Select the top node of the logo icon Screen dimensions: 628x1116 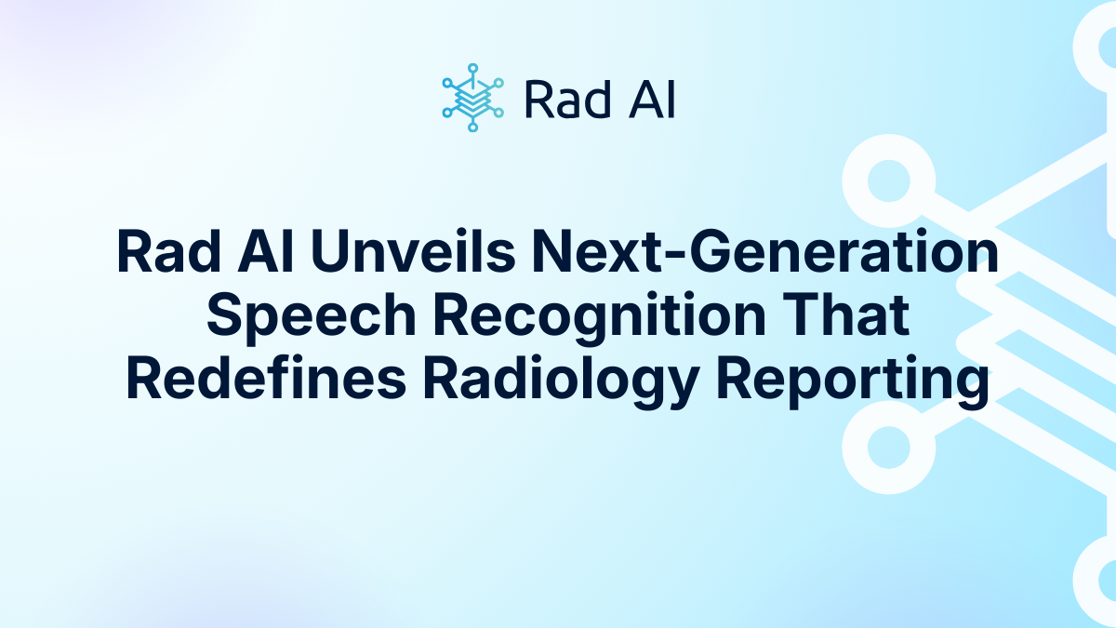472,68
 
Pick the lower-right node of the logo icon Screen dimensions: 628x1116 498,113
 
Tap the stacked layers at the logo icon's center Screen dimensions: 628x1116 472,100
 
